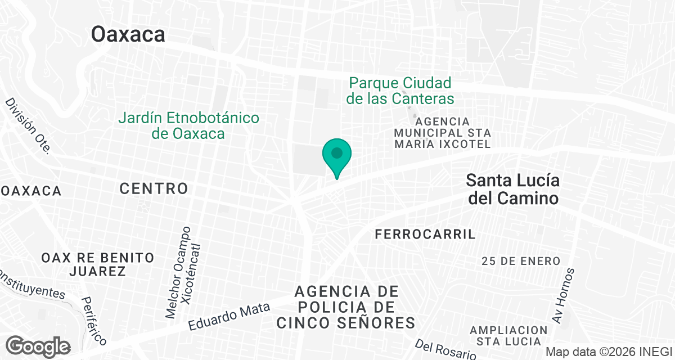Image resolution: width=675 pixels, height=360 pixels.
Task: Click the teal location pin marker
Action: tap(337, 156)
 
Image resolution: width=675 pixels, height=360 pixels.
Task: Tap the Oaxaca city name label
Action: tap(128, 35)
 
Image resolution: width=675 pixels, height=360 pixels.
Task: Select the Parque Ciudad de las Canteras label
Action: tap(400, 91)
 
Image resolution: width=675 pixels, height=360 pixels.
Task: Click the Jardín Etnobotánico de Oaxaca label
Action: tap(188, 126)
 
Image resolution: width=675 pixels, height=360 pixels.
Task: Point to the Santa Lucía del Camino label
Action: tap(512, 190)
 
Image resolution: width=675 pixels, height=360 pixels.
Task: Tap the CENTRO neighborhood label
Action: tap(154, 188)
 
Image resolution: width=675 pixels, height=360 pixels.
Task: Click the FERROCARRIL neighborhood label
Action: tap(425, 235)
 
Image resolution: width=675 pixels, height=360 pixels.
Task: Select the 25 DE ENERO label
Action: tap(521, 261)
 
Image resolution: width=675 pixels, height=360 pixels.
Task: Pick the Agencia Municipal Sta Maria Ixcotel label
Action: tap(442, 133)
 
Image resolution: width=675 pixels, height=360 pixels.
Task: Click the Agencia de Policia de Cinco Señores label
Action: tap(346, 307)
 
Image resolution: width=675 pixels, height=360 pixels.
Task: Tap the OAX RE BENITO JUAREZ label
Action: tap(97, 264)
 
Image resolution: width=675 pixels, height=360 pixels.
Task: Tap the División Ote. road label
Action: tap(28, 126)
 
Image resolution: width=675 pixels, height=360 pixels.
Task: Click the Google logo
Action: tap(38, 345)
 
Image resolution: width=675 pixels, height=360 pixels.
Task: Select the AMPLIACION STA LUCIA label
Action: tap(508, 335)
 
